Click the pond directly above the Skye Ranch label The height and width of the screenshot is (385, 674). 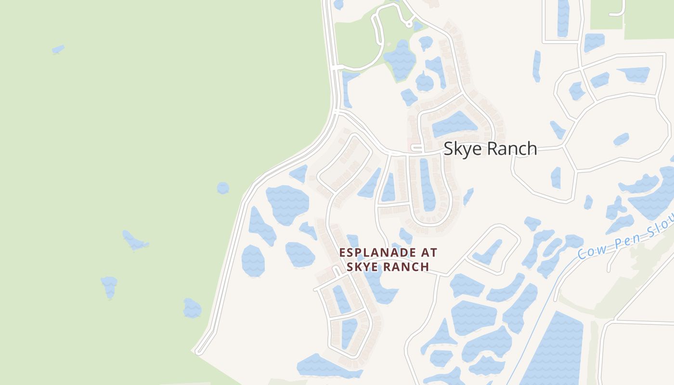coord(454,125)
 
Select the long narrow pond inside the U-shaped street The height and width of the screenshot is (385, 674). coord(427,185)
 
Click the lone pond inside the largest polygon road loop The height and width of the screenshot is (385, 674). coord(621,139)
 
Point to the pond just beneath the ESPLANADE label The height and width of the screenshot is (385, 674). coord(380,289)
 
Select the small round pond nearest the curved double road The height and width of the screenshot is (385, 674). coord(223,188)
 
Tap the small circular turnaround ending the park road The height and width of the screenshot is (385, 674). coord(409,23)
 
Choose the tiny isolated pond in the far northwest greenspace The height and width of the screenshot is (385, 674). coord(58,49)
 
